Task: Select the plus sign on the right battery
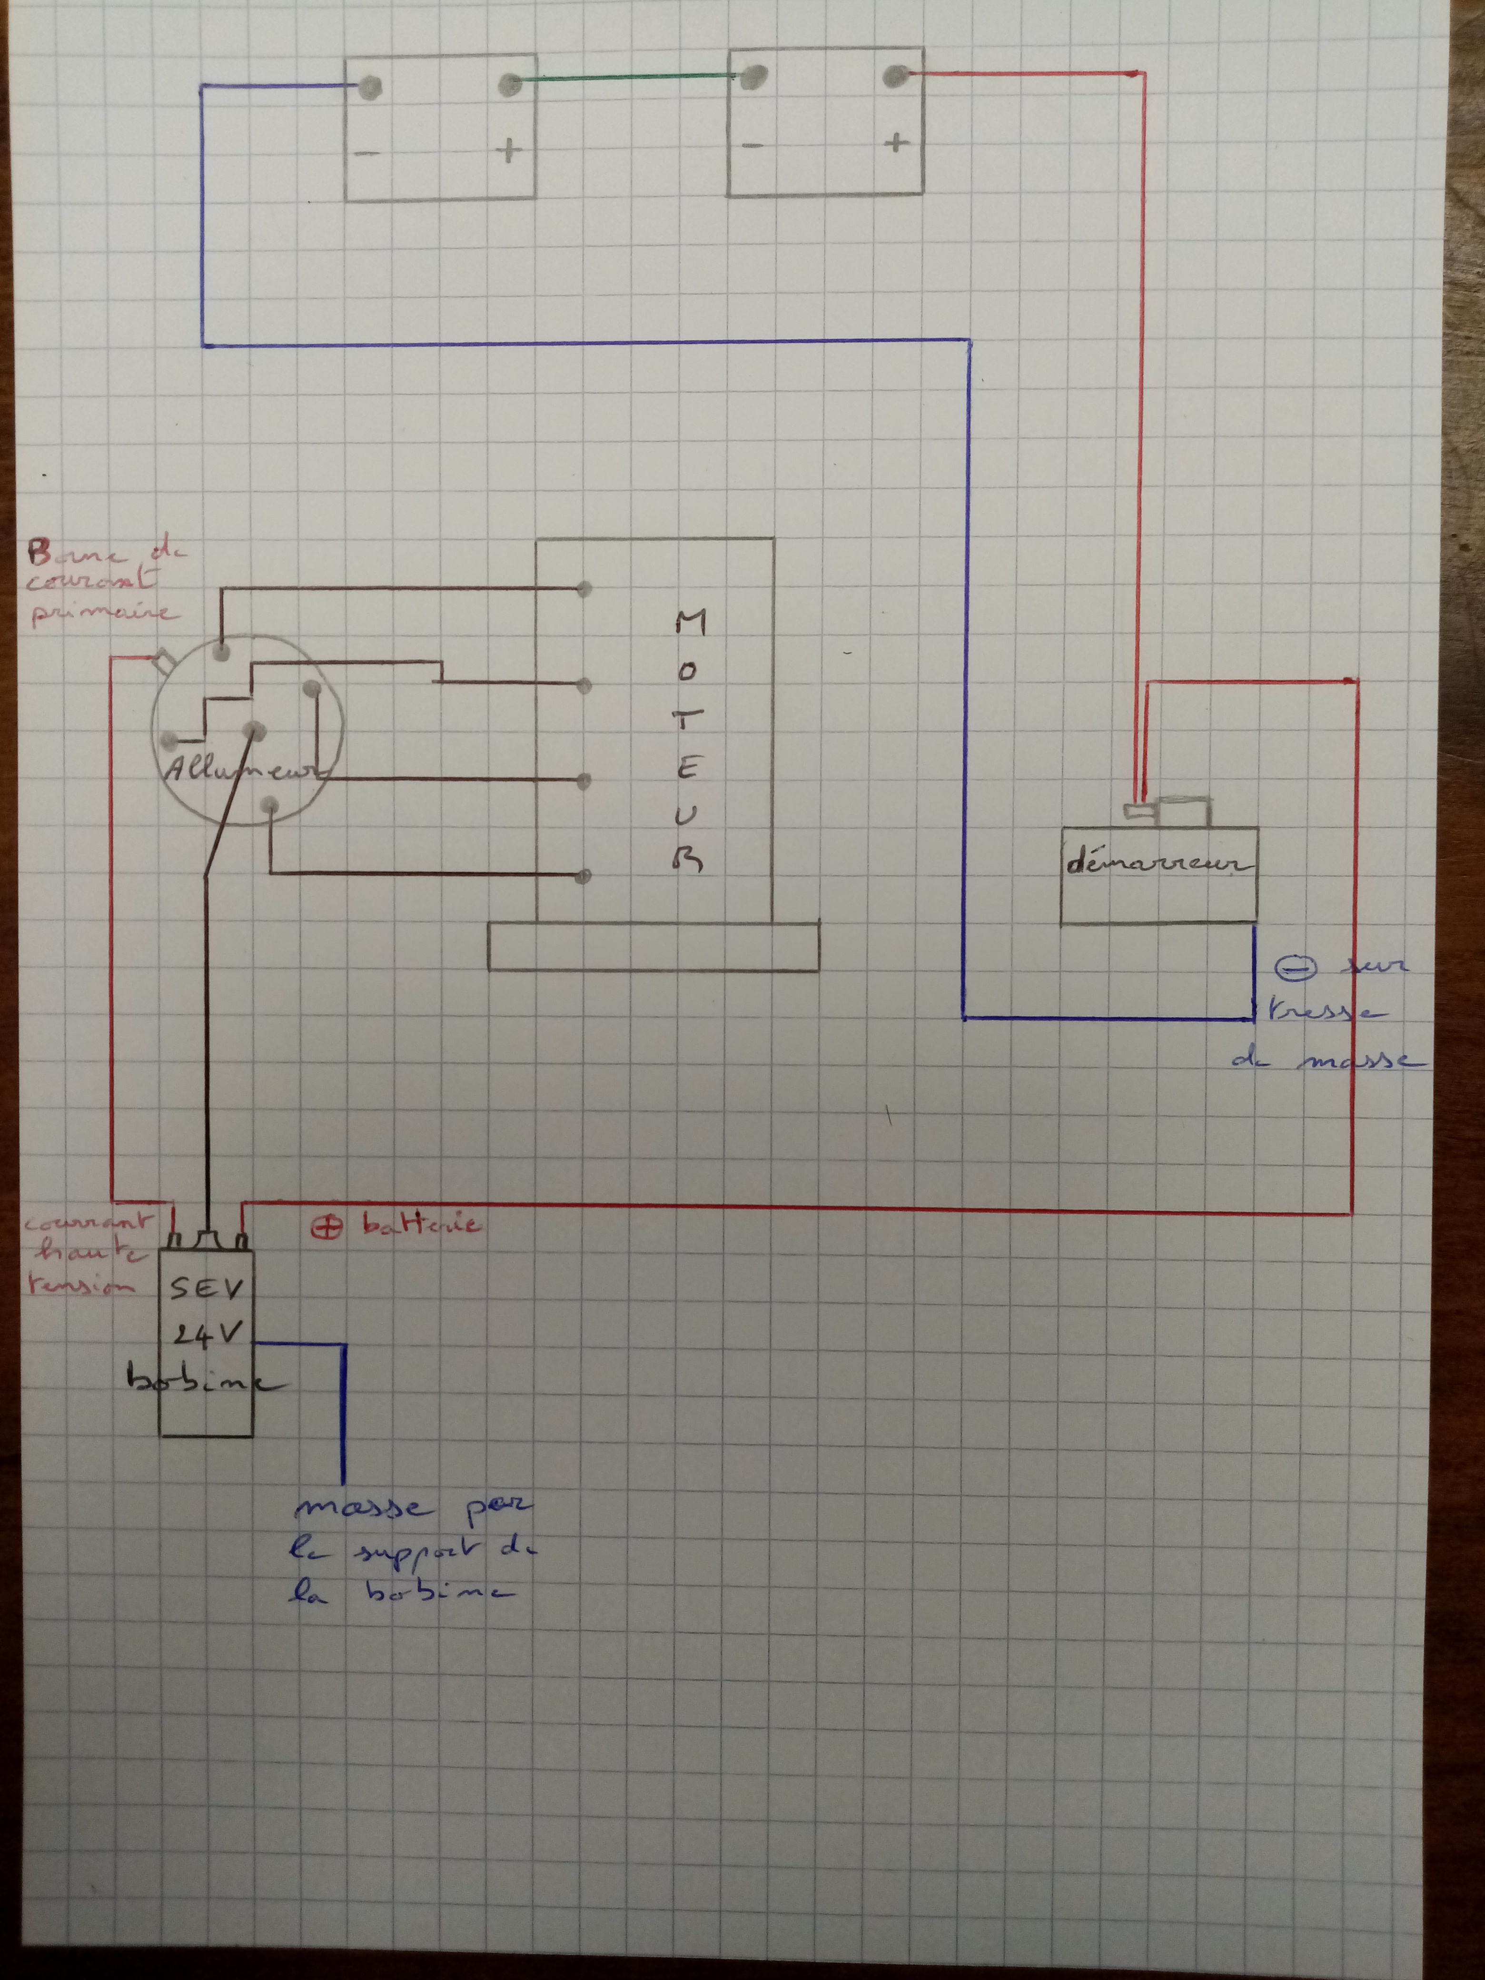pos(896,141)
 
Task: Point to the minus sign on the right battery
pos(753,145)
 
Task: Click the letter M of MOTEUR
pos(690,622)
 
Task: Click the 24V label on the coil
pos(207,1336)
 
